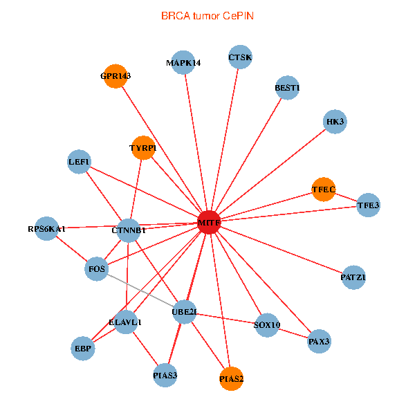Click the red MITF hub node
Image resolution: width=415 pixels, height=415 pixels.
pos(208,223)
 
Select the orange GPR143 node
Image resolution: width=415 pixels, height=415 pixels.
pos(115,76)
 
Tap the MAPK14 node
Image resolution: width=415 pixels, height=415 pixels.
pos(183,63)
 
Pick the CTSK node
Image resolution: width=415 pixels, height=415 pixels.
pos(240,57)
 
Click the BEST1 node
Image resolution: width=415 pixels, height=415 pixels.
pos(287,88)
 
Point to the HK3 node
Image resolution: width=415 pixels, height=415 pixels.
pos(335,122)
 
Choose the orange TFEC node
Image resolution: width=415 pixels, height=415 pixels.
pos(323,189)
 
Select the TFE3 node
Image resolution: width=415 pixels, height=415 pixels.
pos(368,205)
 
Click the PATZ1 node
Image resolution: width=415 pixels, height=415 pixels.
pos(353,277)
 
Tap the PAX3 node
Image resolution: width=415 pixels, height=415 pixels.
pos(319,341)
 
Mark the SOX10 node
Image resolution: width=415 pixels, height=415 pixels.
pos(267,324)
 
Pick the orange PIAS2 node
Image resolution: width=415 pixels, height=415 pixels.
pos(232,378)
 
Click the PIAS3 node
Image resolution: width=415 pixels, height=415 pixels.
pos(165,376)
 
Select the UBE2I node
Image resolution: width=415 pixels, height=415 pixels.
pos(185,312)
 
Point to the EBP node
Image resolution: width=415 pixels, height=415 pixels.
pos(83,348)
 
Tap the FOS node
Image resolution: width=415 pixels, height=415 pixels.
pos(97,268)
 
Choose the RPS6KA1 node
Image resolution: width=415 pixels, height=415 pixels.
pos(47,228)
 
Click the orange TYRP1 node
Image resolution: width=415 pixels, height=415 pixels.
pos(143,148)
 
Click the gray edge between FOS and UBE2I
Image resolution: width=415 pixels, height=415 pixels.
pos(140,290)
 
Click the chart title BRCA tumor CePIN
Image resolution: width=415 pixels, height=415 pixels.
pos(207,15)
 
